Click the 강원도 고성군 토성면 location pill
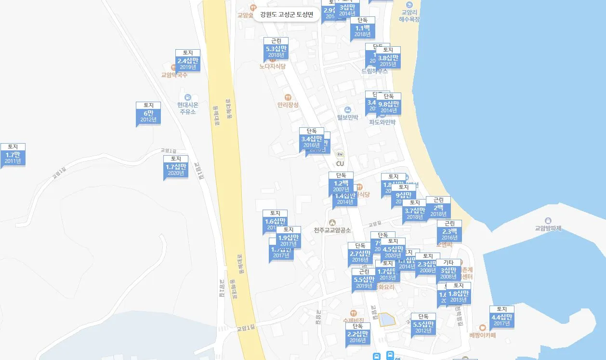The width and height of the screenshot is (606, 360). coord(287,14)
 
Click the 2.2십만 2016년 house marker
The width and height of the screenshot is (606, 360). coord(358,336)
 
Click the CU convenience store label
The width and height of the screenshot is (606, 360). coord(340,163)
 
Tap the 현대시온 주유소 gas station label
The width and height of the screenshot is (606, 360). coord(187,108)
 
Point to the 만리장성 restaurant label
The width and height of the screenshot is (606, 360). coord(288,105)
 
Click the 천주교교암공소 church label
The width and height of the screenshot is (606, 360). coord(332,230)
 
